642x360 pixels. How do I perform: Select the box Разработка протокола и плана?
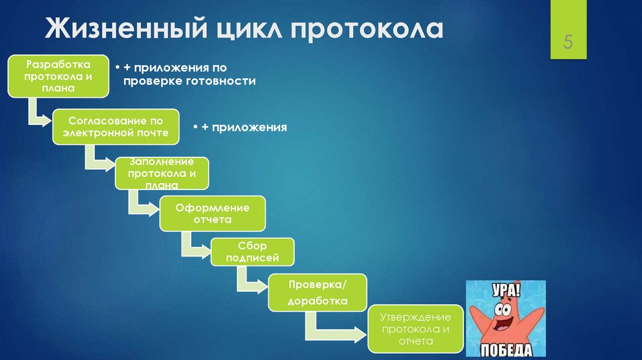click(x=58, y=76)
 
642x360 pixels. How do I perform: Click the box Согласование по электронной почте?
click(x=115, y=127)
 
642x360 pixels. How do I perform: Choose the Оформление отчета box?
click(x=213, y=214)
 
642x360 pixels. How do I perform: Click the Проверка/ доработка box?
click(x=317, y=293)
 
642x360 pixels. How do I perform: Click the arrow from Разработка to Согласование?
click(x=36, y=114)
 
